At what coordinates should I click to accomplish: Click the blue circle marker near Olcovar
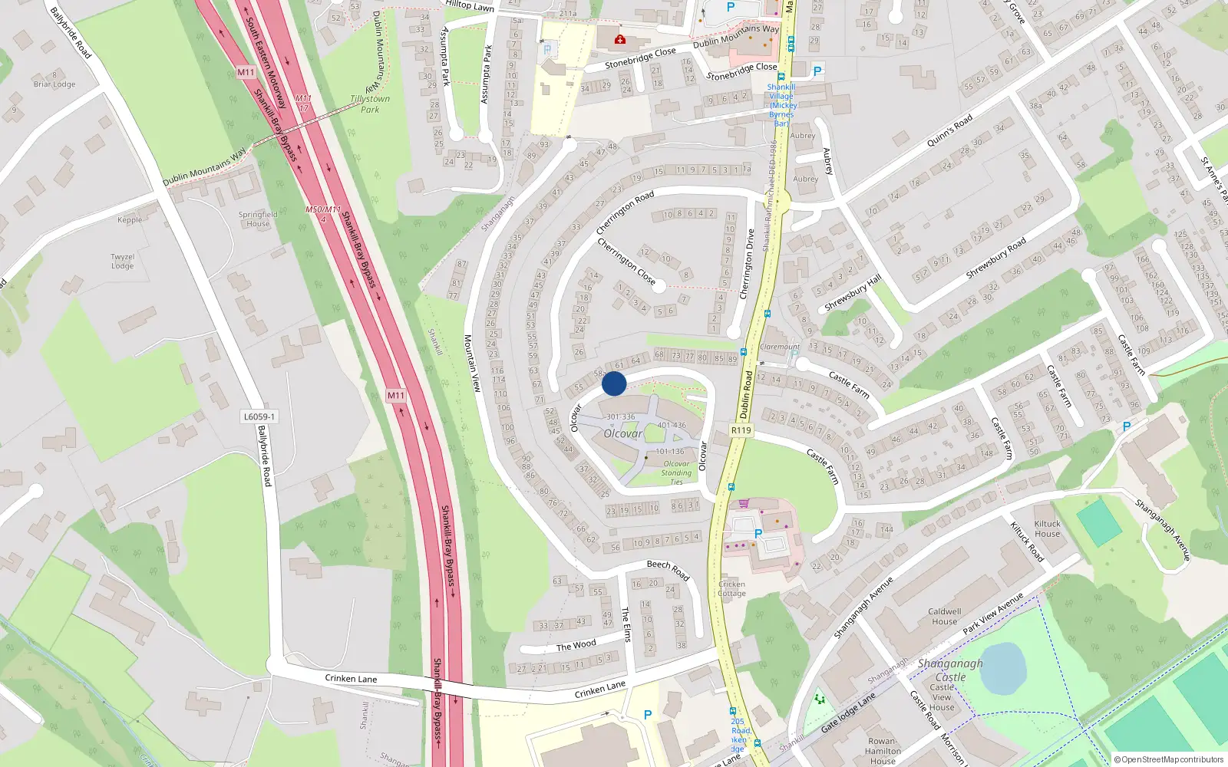tap(614, 383)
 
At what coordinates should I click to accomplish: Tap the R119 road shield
tap(741, 430)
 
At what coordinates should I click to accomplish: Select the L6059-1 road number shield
tap(259, 416)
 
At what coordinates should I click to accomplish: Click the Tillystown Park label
tap(370, 104)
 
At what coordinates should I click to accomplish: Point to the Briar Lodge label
tap(54, 84)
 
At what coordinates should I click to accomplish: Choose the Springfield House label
tap(258, 219)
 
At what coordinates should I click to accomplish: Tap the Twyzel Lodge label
tap(123, 262)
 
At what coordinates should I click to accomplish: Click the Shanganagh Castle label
tap(950, 670)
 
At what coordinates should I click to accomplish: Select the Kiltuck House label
tap(1047, 528)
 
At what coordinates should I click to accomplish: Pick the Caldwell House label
tap(944, 617)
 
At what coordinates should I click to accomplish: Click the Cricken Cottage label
tap(731, 588)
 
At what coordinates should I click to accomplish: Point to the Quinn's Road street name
tap(949, 130)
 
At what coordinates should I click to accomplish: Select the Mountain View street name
tap(472, 363)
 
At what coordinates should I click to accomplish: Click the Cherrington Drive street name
tap(747, 264)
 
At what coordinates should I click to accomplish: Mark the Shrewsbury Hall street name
tap(853, 292)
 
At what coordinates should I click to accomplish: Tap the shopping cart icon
tap(744, 504)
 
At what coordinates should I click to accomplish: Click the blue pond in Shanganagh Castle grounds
tap(1003, 667)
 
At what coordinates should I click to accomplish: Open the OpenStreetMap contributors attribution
tap(1170, 759)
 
